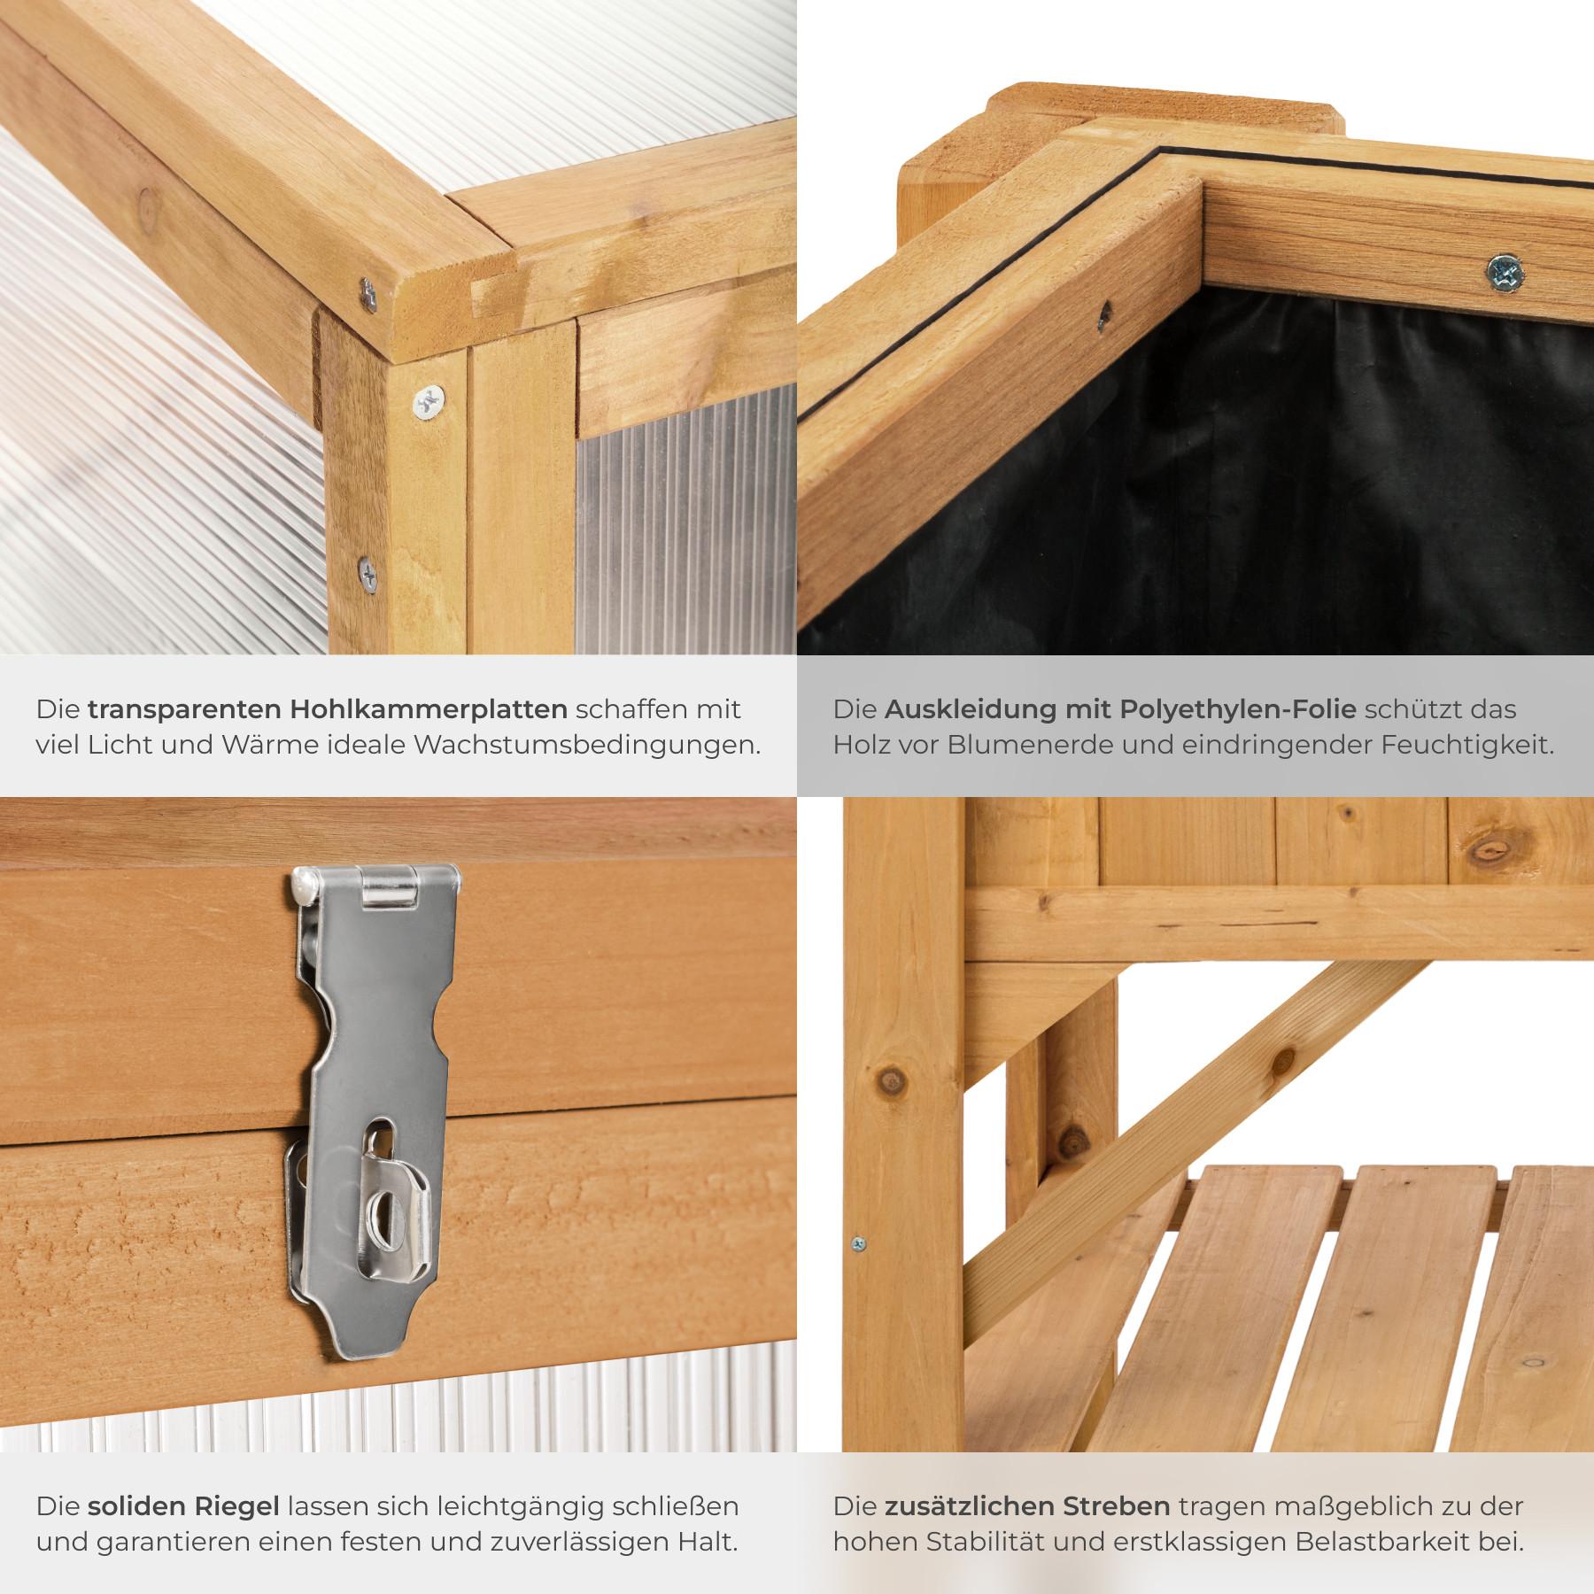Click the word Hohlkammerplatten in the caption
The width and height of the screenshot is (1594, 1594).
pos(429,709)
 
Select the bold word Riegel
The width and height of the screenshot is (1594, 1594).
pos(236,1506)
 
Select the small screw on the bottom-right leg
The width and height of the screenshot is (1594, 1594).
pos(857,1243)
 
